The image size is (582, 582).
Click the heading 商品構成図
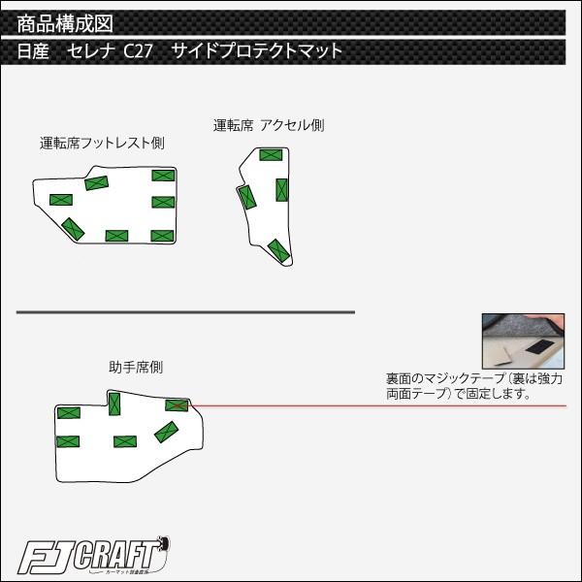[x=65, y=23]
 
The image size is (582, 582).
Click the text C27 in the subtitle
[x=138, y=50]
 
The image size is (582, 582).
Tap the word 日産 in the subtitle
[x=33, y=50]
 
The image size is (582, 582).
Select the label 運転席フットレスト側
[x=102, y=143]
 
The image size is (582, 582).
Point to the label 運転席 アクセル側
[x=269, y=125]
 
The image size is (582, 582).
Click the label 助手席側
[x=136, y=367]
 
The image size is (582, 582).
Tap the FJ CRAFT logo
[x=93, y=556]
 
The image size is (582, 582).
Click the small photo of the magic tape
[x=523, y=340]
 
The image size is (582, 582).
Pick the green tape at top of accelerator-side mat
[x=271, y=155]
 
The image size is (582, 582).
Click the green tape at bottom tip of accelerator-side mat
[x=278, y=250]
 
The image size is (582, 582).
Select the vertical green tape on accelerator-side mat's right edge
[x=281, y=190]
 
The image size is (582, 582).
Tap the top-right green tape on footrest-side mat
[x=163, y=176]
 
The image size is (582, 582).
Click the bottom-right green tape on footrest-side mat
[x=163, y=236]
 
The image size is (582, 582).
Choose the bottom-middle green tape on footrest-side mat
[x=117, y=236]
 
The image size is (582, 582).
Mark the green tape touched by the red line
[x=177, y=405]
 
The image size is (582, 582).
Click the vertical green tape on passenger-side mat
[x=114, y=404]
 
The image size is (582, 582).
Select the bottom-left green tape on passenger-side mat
[x=68, y=441]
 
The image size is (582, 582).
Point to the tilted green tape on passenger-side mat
[x=166, y=432]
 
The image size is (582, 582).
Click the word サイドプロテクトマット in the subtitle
[x=256, y=50]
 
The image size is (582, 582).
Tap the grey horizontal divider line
[x=185, y=312]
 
